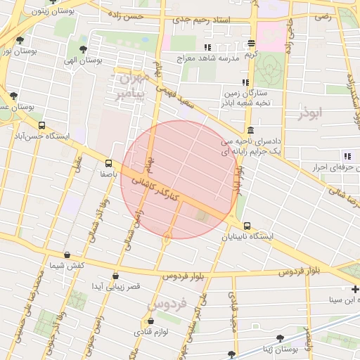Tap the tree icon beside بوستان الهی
[x=84, y=49]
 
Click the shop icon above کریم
[x=251, y=44]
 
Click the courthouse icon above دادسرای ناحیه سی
[x=250, y=130]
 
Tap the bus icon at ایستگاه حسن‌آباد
[x=41, y=126]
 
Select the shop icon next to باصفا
[x=108, y=162]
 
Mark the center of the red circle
[x=179, y=179]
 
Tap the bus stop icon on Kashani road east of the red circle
[x=247, y=226]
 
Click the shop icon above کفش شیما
[x=67, y=255]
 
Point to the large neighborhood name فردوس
[x=167, y=304]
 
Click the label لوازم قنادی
[x=150, y=331]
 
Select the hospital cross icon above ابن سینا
[x=355, y=290]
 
